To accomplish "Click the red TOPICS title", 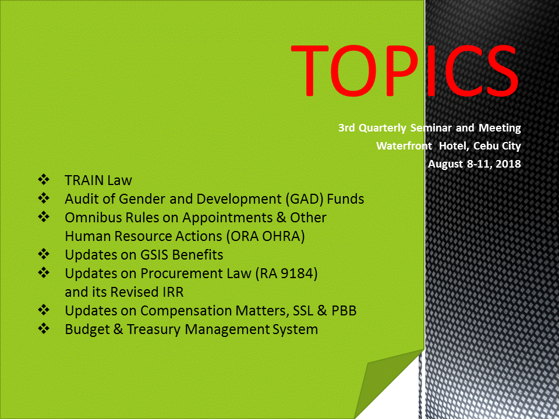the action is coord(405,71).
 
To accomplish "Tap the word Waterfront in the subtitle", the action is coord(404,145).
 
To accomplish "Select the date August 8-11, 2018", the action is coord(474,164).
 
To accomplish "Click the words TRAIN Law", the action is coord(98,180).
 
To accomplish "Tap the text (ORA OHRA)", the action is coord(266,236).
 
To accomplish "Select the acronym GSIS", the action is coord(154,255).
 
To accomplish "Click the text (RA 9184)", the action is coord(286,274).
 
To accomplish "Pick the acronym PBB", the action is coord(344,311).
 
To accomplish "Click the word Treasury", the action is coord(154,329).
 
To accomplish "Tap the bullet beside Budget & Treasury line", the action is coord(44,328).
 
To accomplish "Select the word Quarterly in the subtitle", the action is coord(382,128).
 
